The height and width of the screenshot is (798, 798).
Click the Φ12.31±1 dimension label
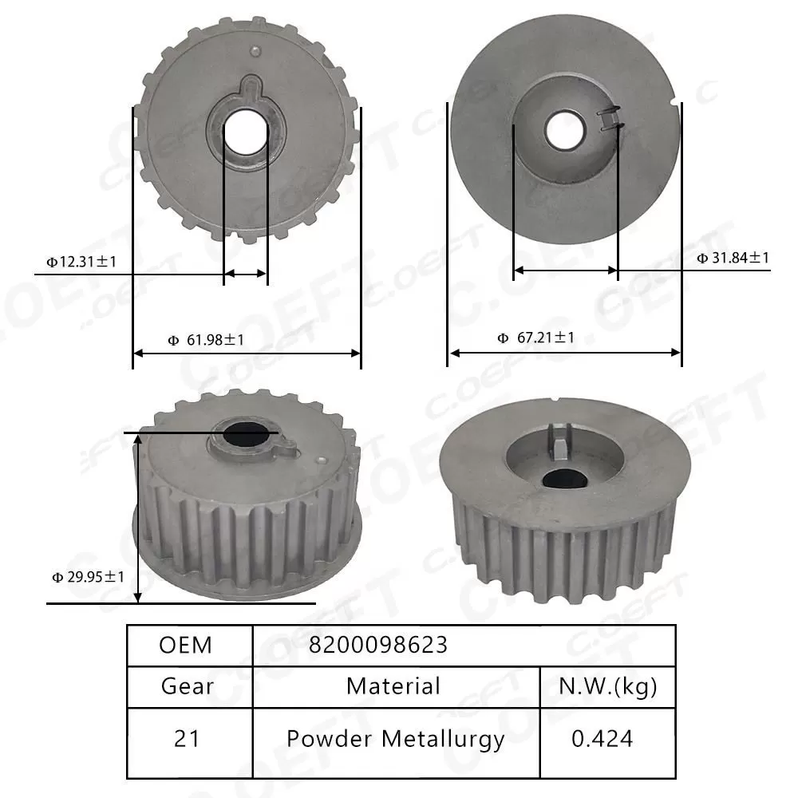tap(81, 261)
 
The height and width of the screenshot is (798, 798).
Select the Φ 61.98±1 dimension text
tap(207, 340)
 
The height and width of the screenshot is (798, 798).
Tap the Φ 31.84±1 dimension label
tap(733, 258)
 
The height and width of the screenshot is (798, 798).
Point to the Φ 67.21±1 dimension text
tap(536, 338)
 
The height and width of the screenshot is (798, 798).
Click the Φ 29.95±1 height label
tap(88, 576)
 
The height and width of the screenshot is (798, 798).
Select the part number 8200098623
tap(379, 645)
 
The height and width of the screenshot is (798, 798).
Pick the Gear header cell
tap(188, 685)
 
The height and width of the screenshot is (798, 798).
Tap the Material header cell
tap(393, 685)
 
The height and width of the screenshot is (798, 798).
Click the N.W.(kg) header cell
tap(608, 685)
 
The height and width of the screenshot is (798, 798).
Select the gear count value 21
tap(188, 738)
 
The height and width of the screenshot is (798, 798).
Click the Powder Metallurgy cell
tap(395, 738)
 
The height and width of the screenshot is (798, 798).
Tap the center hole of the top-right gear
tap(564, 130)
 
